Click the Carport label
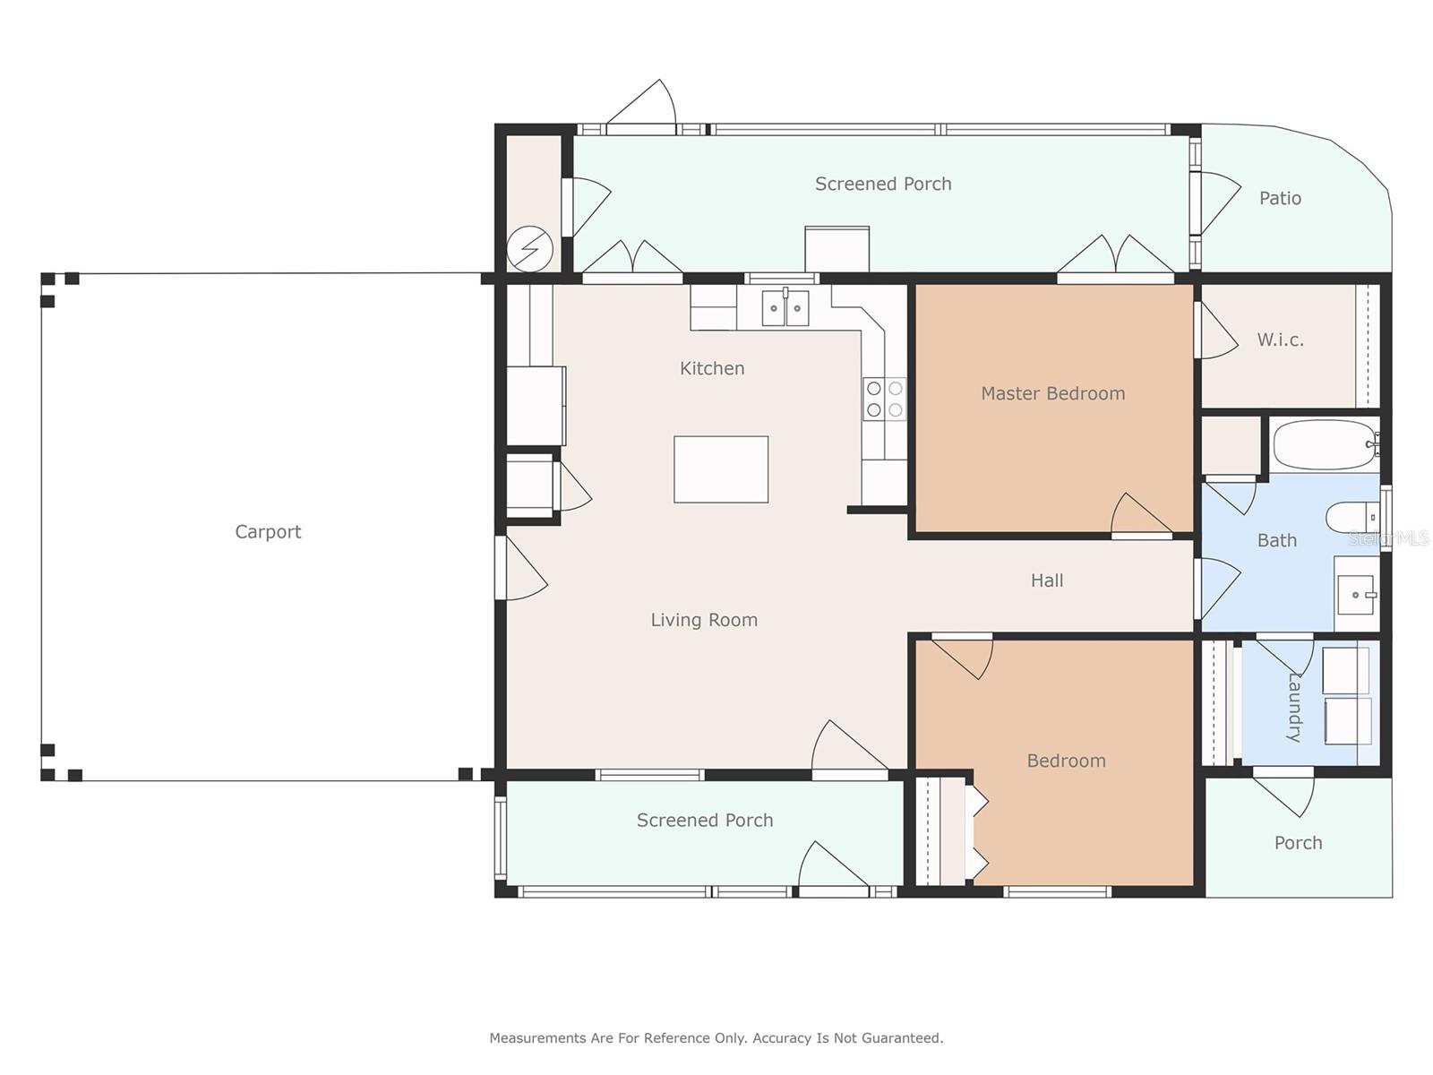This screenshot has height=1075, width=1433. click(x=268, y=532)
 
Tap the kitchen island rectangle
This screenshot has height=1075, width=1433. click(x=721, y=469)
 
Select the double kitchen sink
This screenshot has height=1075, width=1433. click(x=785, y=307)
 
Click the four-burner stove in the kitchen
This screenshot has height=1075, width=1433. click(x=885, y=399)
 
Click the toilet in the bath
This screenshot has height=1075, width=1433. click(x=1352, y=518)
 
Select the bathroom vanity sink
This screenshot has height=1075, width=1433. click(x=1357, y=594)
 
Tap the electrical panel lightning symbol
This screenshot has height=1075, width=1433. click(x=529, y=249)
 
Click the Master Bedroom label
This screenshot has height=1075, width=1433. click(x=1053, y=393)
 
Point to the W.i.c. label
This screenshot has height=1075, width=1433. click(x=1280, y=340)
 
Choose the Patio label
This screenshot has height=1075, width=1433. click(x=1280, y=198)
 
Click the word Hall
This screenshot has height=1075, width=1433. click(x=1047, y=580)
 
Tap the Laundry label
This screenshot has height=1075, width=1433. click(x=1294, y=708)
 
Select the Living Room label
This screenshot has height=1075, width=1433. click(x=705, y=619)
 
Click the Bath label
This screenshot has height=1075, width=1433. click(x=1277, y=540)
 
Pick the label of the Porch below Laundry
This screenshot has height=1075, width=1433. click(x=1299, y=843)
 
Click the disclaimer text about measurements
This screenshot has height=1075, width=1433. click(x=716, y=1037)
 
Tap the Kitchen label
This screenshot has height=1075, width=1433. click(x=712, y=368)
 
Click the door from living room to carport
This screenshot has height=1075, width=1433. click(x=521, y=568)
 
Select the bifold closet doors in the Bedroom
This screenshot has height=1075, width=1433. click(x=976, y=831)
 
